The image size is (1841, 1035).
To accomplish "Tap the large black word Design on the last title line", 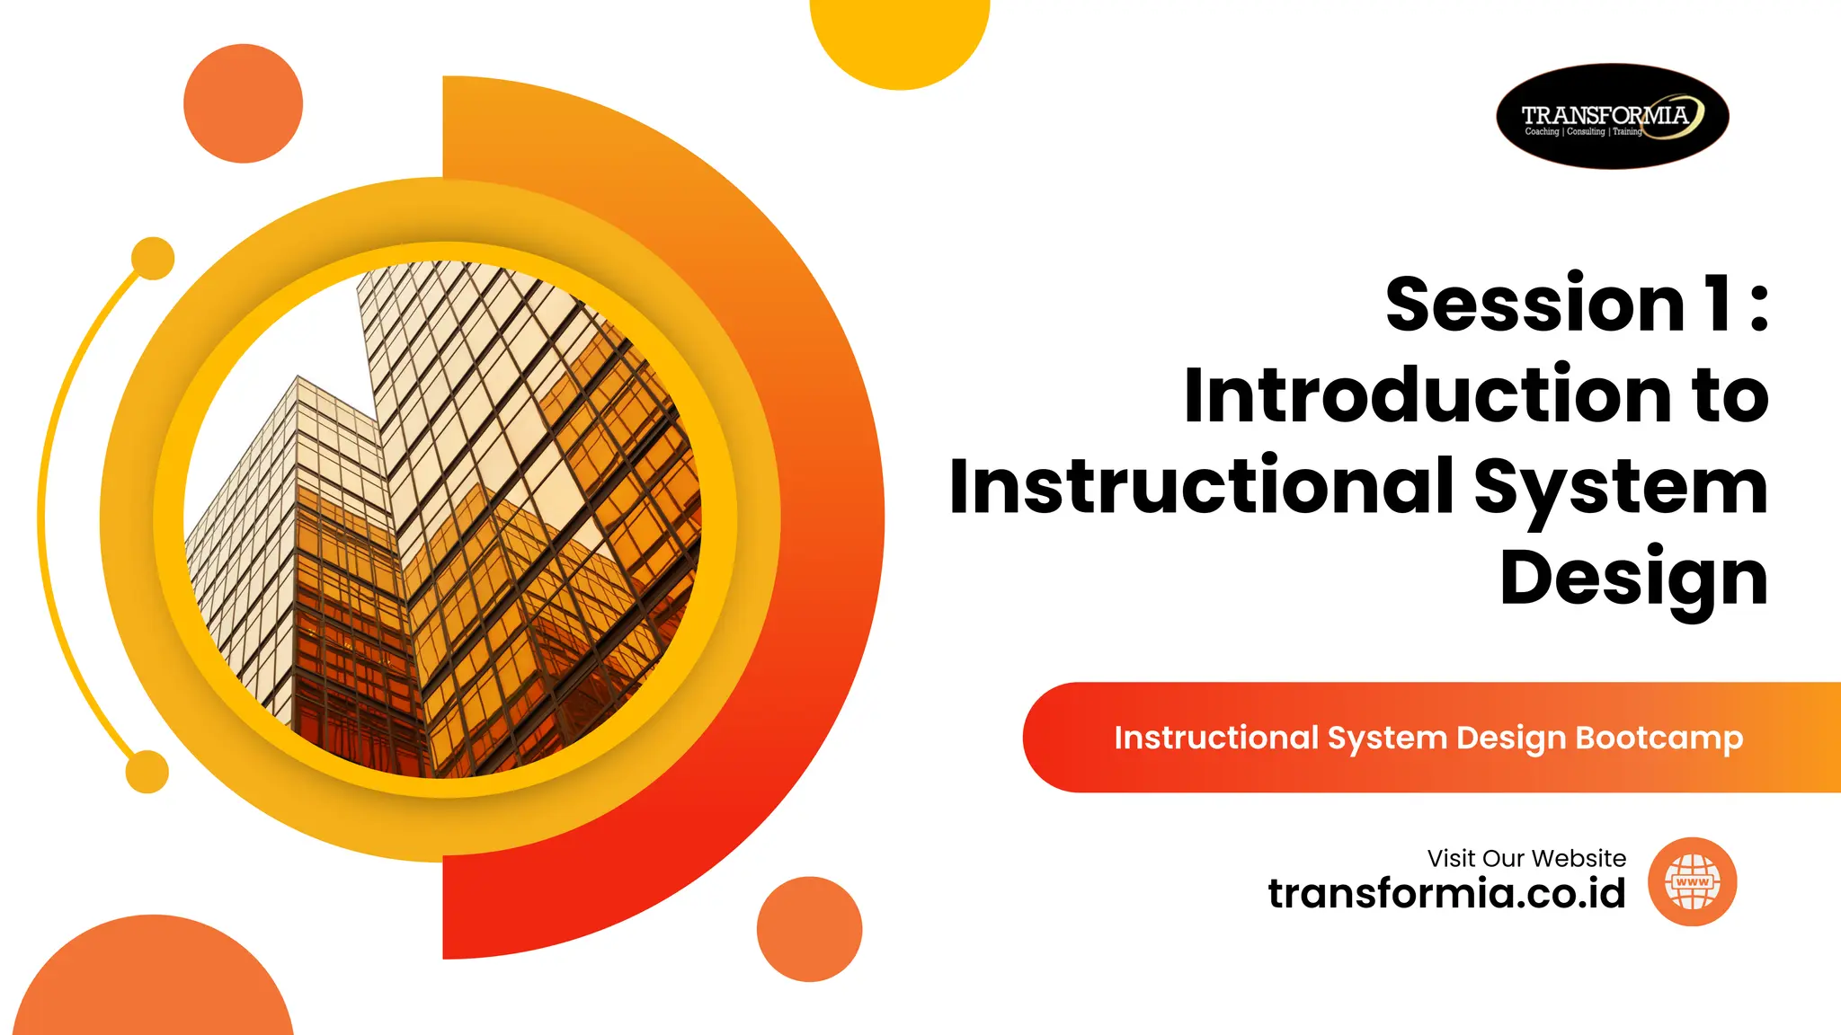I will point(1633,579).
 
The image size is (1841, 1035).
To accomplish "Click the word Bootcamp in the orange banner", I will point(1659,739).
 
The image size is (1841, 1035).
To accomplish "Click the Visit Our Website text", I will point(1525,858).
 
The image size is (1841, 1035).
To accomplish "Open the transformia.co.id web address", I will point(1446,894).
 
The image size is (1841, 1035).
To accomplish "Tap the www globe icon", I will point(1692,882).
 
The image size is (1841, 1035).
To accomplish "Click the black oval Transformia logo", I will point(1612,116).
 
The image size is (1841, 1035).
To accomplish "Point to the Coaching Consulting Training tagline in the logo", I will point(1583,132).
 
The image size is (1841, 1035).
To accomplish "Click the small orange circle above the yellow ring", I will point(243,103).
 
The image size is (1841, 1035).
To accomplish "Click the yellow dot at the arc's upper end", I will point(153,258).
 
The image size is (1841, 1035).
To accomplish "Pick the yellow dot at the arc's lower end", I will point(147,772).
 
